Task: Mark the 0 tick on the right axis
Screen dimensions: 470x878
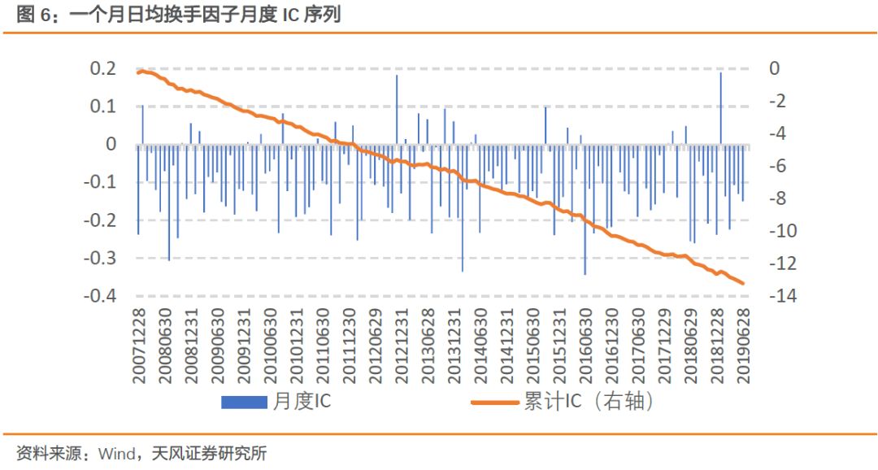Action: tap(775, 68)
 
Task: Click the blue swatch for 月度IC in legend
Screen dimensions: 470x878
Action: tap(244, 401)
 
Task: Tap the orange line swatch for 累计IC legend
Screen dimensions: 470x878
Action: tap(495, 401)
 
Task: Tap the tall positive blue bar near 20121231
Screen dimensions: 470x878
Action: tap(397, 111)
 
